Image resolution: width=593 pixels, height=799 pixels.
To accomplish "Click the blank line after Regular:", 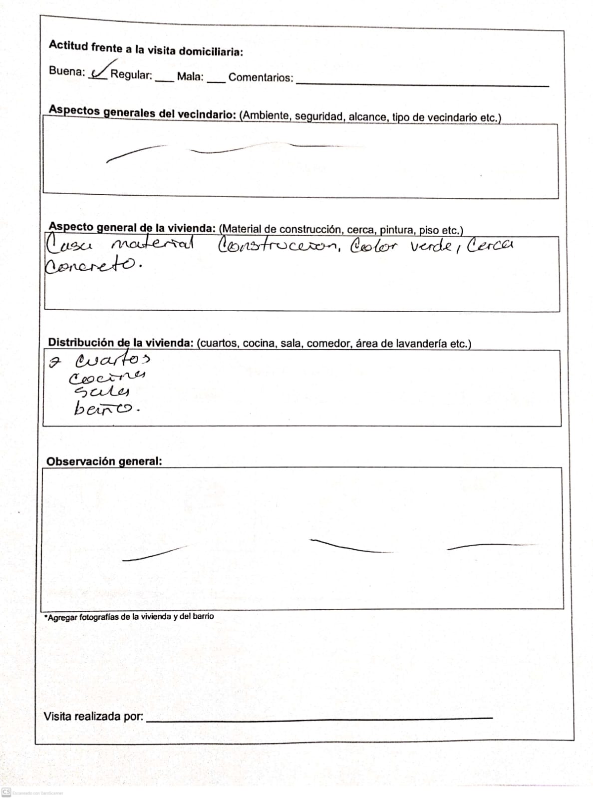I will pyautogui.click(x=165, y=80).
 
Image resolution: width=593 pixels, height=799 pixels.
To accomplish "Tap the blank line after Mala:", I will pyautogui.click(x=216, y=82).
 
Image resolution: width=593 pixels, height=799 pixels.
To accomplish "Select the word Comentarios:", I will pyautogui.click(x=261, y=77).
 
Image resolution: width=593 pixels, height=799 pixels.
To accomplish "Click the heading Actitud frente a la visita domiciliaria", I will pyautogui.click(x=146, y=49).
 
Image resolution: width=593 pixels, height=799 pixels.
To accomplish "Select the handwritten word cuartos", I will pyautogui.click(x=112, y=360).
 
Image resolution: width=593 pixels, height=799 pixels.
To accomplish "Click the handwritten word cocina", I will pyautogui.click(x=107, y=377).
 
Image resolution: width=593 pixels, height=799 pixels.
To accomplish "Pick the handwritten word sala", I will pyautogui.click(x=101, y=392).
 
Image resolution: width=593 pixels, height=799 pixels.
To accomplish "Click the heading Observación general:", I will pyautogui.click(x=104, y=461).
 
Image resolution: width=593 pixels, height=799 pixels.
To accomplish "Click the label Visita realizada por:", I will pyautogui.click(x=93, y=717).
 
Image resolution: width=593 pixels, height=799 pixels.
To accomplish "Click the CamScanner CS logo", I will pyautogui.click(x=6, y=793).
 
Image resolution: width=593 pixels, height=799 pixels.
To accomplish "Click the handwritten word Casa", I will pyautogui.click(x=69, y=246).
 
